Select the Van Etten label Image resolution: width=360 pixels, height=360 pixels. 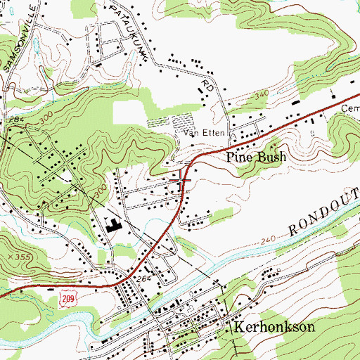tap(198, 131)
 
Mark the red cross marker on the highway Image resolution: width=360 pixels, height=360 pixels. tap(184, 179)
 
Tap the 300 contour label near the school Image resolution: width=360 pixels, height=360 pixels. tap(101, 192)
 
